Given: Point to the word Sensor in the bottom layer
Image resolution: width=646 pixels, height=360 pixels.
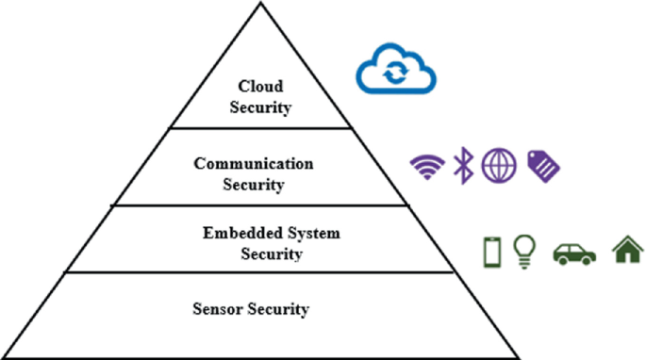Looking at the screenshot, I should point(219,308).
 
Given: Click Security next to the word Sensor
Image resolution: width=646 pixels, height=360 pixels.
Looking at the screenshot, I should point(279,308).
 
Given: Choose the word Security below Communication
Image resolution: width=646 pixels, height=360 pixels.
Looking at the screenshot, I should point(254,185).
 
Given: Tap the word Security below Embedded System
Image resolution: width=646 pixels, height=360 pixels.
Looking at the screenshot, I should point(272,254).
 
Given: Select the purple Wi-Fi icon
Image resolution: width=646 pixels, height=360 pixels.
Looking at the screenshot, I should point(427,166).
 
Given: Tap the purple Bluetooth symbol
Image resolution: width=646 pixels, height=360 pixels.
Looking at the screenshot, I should point(462,165).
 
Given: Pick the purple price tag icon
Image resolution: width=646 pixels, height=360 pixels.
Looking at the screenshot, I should point(542,166).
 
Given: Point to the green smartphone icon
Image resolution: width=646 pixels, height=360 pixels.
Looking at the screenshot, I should point(490,252).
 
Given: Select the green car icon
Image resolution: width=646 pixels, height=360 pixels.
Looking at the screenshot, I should point(573,253).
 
